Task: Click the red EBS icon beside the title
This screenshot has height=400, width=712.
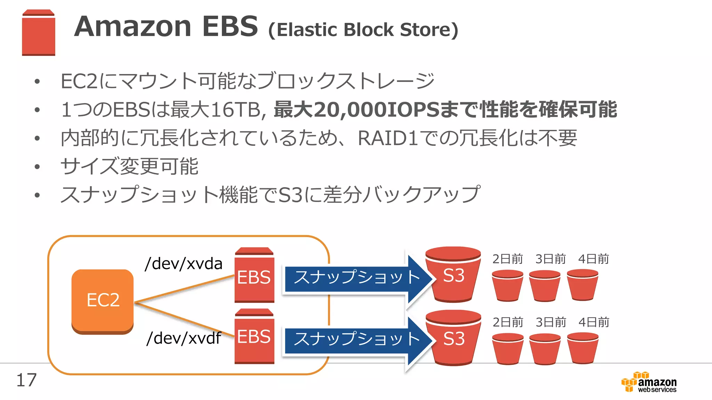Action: tap(38, 33)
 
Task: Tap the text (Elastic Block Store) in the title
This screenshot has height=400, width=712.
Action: tap(363, 30)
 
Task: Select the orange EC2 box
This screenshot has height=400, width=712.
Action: tap(103, 300)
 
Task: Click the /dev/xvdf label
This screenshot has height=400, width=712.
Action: tap(184, 338)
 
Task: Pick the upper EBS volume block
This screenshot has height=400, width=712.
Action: tap(254, 276)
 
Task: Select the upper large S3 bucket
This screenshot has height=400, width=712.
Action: tap(453, 274)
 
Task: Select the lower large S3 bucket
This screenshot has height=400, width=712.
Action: tap(453, 337)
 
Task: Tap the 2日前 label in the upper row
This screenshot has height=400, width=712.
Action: tap(508, 259)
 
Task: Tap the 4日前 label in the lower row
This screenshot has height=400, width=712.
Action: tap(593, 322)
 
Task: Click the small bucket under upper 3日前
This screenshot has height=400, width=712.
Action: tap(544, 286)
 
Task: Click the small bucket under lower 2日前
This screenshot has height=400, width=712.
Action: tap(508, 349)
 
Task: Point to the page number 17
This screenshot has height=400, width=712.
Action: tap(26, 380)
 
